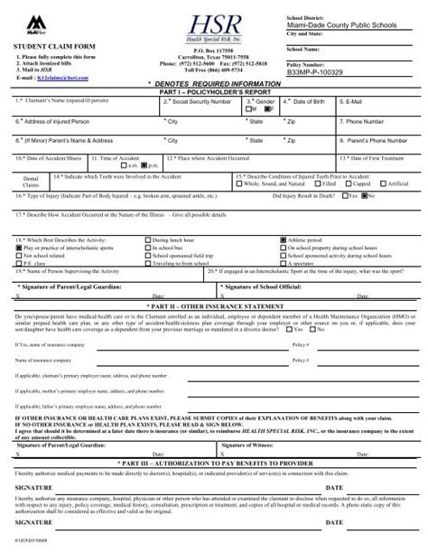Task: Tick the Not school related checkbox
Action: [19, 256]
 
